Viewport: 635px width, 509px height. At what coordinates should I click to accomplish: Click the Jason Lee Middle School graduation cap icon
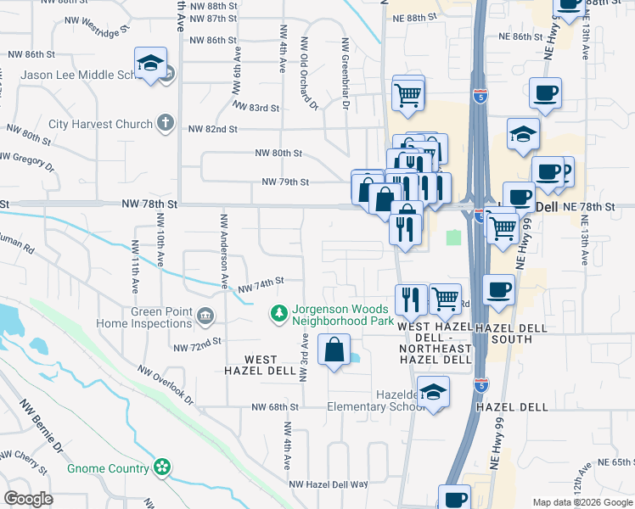151,64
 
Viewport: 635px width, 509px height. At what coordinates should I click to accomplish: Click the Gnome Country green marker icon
161,467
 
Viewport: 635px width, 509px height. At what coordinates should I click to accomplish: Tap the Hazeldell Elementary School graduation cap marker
433,393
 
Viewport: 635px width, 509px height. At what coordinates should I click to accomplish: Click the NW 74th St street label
260,285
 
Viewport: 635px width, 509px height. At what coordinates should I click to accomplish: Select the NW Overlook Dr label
166,386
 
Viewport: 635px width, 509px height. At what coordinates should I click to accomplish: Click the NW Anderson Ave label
225,254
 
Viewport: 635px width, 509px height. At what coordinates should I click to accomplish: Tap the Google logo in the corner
29,499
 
